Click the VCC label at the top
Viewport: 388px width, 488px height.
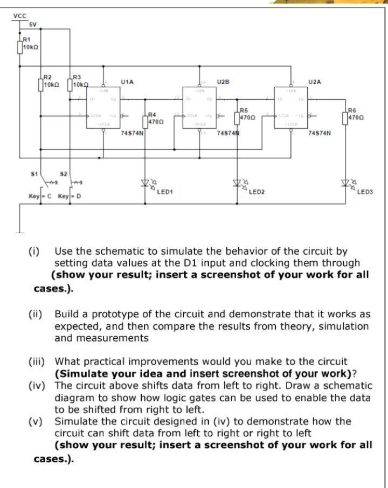pos(19,17)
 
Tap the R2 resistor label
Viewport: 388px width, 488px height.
pos(48,78)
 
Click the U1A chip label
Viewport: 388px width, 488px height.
pos(128,82)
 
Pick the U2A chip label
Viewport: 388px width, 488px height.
pos(315,82)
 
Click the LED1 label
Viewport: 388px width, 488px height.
pos(165,192)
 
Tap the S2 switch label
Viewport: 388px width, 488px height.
pos(63,174)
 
